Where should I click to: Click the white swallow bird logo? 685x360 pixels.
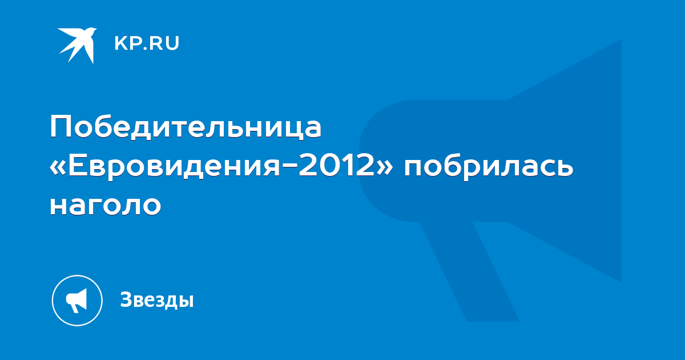77,45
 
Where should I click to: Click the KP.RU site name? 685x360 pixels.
147,43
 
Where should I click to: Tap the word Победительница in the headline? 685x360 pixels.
186,127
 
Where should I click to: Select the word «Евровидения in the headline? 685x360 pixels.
165,166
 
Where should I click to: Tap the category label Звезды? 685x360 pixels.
157,299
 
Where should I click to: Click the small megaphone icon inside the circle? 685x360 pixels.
76,301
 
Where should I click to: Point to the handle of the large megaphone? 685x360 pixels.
469,271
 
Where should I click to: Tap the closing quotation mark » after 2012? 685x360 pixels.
385,168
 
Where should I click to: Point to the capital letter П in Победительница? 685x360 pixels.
61,127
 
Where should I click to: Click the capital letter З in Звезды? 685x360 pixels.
127,299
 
